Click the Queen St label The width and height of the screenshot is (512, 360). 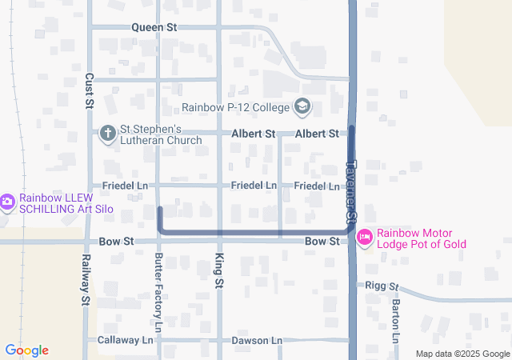pyautogui.click(x=154, y=27)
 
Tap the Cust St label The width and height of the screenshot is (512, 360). pyautogui.click(x=90, y=90)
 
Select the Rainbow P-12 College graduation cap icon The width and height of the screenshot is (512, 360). pyautogui.click(x=302, y=106)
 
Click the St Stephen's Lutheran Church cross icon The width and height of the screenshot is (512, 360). pyautogui.click(x=108, y=134)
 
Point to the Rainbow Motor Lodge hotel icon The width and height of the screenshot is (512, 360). pyautogui.click(x=365, y=238)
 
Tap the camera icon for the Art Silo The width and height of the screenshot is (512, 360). pyautogui.click(x=7, y=202)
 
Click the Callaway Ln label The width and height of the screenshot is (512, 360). pyautogui.click(x=125, y=340)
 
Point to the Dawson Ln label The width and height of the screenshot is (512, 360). pyautogui.click(x=257, y=340)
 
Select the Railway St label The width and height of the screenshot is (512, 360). pyautogui.click(x=84, y=280)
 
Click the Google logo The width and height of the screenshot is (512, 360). pyautogui.click(x=26, y=350)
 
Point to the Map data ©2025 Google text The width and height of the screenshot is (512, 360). pyautogui.click(x=462, y=354)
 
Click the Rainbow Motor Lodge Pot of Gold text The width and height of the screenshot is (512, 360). pyautogui.click(x=432, y=238)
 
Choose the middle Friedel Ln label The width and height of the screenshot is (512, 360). pyautogui.click(x=254, y=186)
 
